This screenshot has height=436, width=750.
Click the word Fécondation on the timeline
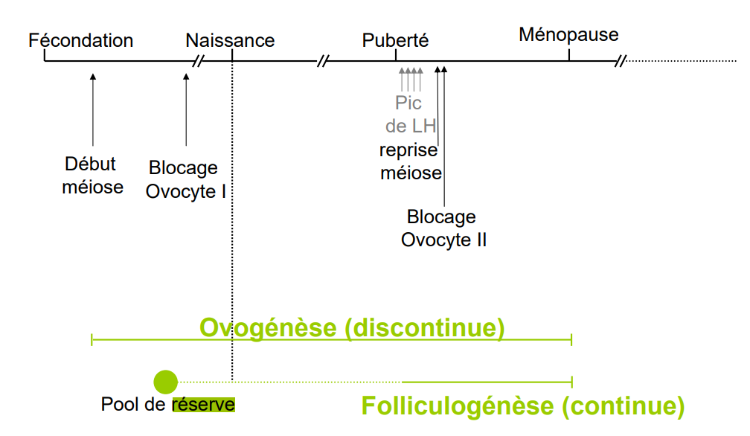coord(80,40)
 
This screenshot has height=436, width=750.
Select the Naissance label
coord(230,40)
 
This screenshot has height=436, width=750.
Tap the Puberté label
coord(396,40)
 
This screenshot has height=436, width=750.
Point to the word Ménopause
coord(568,34)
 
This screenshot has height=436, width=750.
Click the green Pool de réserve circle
coord(165,382)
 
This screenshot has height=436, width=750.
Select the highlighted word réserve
coord(203,405)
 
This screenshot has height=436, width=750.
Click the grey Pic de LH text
coord(410,114)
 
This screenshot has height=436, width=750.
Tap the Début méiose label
coord(92,176)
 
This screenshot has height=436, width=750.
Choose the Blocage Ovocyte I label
coord(185,180)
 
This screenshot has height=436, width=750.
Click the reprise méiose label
coord(410,161)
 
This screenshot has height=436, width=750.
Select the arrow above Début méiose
coord(93,108)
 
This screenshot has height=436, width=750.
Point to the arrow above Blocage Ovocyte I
coord(186,108)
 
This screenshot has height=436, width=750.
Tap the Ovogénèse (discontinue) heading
coord(352,328)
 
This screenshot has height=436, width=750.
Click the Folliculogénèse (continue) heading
coord(522,406)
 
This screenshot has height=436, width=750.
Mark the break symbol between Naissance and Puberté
coord(322,60)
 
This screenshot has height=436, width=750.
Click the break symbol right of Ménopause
coord(620,60)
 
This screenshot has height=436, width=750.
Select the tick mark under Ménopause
coord(569,54)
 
